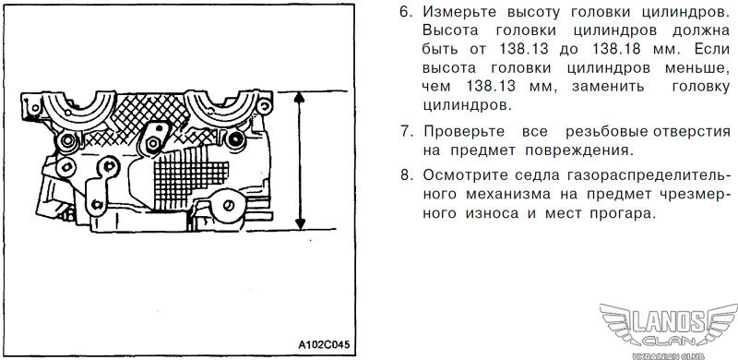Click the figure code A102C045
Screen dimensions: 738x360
[x=324, y=344]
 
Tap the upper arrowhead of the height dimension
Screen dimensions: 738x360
[x=299, y=97]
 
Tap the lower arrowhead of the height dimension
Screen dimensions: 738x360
[x=300, y=223]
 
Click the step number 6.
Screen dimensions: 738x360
[x=405, y=12]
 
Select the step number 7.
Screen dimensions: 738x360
[x=405, y=131]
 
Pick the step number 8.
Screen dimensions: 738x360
[x=405, y=174]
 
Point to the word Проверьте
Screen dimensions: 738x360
[x=464, y=132]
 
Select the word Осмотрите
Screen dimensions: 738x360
[x=464, y=175]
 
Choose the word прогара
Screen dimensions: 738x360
[x=615, y=213]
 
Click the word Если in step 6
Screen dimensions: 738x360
[x=711, y=49]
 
